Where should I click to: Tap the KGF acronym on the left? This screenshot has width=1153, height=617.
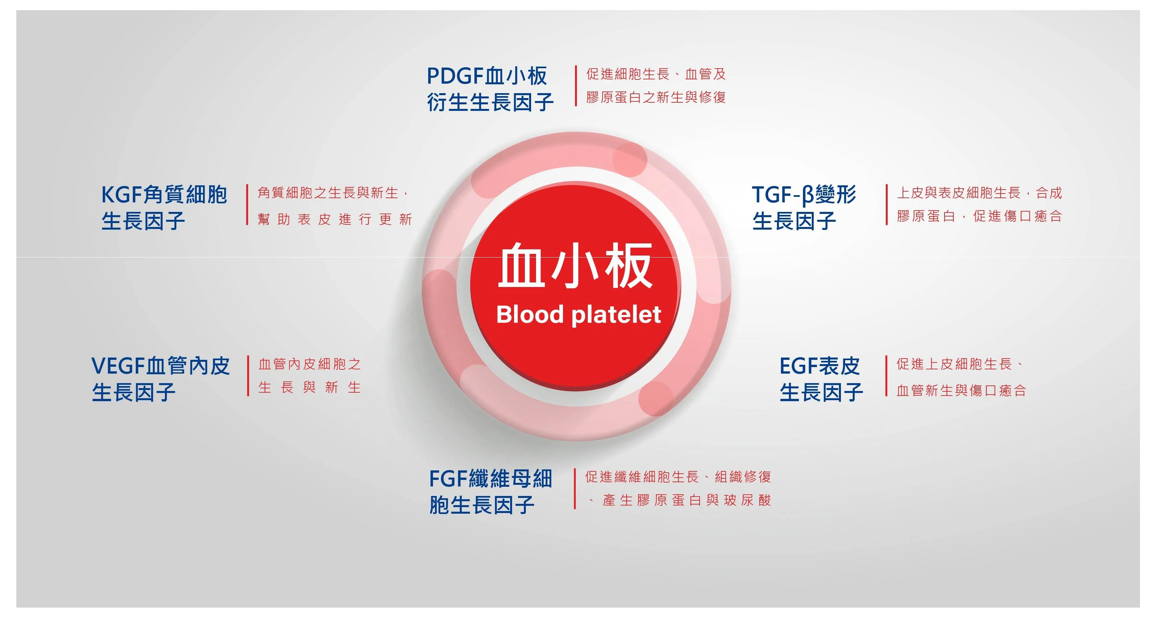[x=122, y=195]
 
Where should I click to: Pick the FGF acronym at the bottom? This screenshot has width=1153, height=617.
[x=448, y=479]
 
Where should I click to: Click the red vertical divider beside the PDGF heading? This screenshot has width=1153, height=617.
[x=576, y=86]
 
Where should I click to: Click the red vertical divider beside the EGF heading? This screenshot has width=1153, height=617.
[x=886, y=376]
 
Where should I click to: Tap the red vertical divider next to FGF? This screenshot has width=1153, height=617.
[x=575, y=488]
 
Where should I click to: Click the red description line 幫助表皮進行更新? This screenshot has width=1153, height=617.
[x=335, y=219]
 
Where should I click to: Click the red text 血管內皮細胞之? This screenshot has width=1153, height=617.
[x=310, y=364]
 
